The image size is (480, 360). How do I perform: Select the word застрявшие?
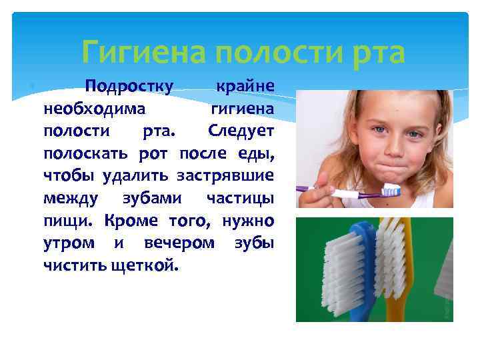pyautogui.click(x=226, y=176)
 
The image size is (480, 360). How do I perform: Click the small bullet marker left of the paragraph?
pyautogui.click(x=33, y=87)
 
